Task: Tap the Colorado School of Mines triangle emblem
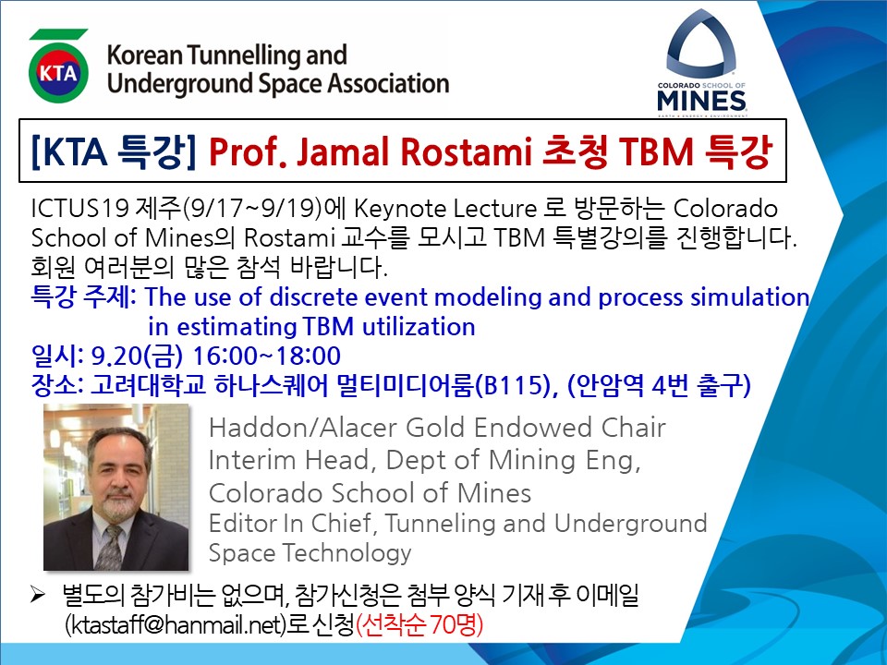tap(701, 44)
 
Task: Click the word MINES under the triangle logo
tap(701, 102)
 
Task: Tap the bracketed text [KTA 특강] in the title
tap(114, 151)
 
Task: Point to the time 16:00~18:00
tap(267, 357)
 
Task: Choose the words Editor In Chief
tap(288, 523)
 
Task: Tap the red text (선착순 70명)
tap(419, 625)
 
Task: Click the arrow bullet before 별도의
tap(38, 595)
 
